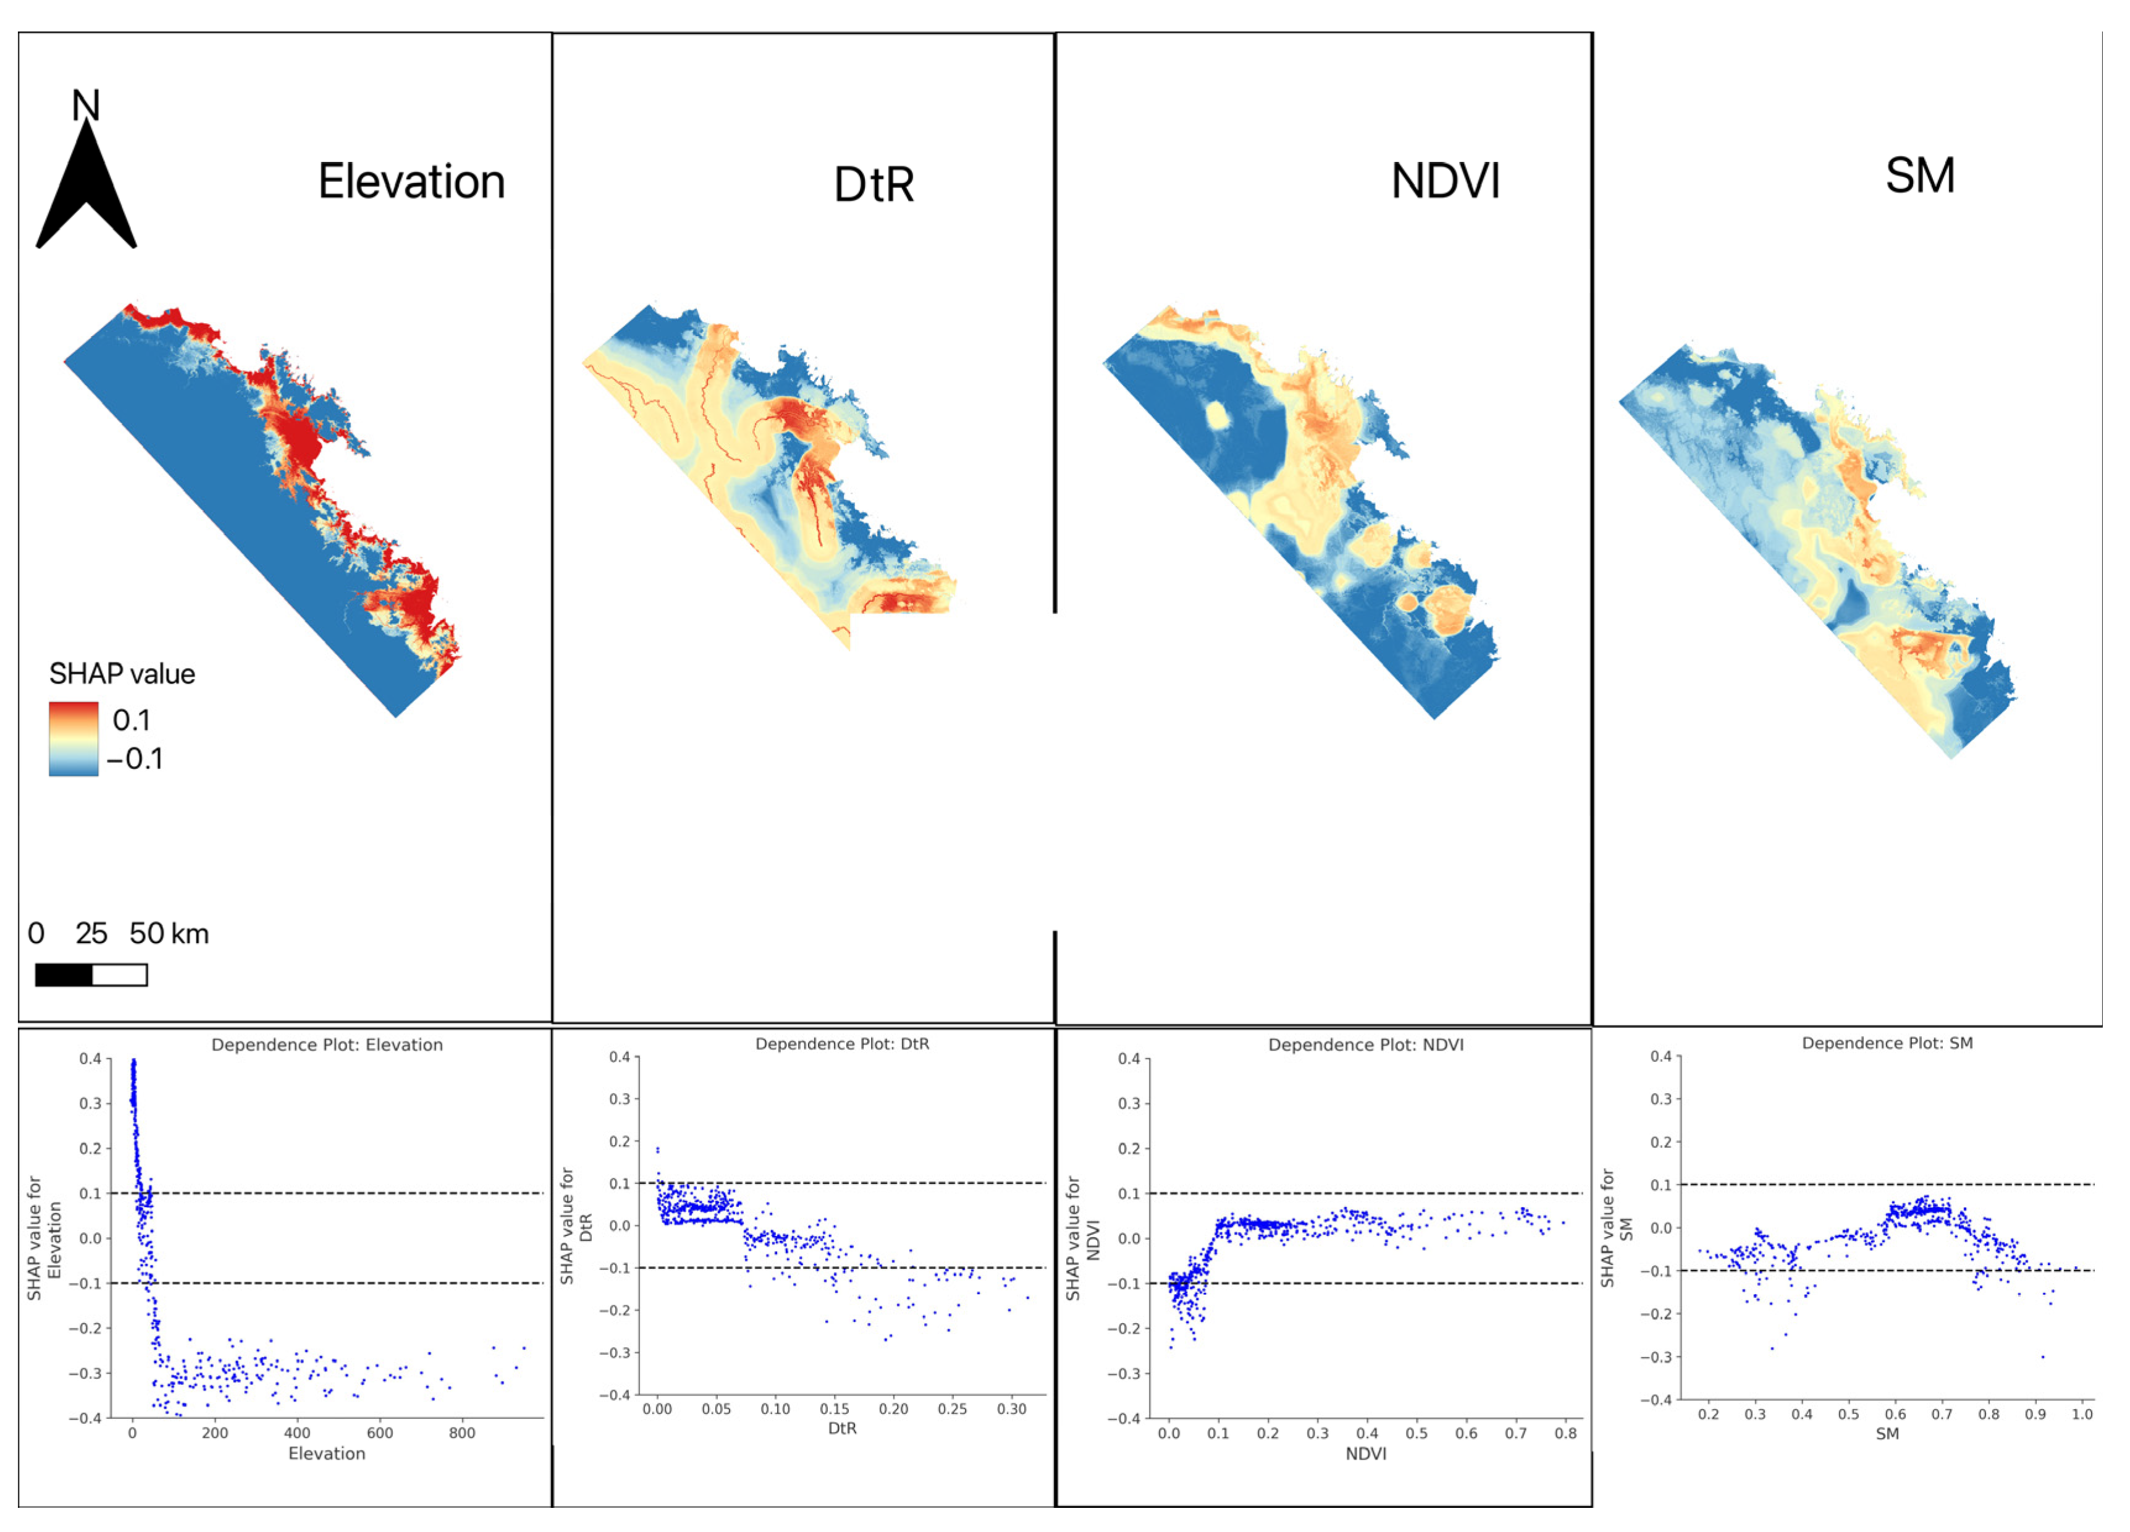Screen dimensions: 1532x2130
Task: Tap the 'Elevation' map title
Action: [411, 181]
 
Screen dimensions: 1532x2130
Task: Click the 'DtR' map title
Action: [873, 184]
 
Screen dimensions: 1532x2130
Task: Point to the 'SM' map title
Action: [1919, 176]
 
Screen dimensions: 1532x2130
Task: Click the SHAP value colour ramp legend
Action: [74, 738]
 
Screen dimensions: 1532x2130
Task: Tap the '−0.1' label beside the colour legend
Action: [134, 758]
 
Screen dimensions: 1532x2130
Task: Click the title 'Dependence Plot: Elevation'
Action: [327, 1044]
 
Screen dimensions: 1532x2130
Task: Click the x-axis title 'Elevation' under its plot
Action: [327, 1453]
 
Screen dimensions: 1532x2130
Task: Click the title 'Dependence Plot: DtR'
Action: [843, 1044]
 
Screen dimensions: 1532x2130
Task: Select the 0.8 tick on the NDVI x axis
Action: [1565, 1433]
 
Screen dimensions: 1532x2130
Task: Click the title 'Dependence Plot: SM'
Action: [1887, 1043]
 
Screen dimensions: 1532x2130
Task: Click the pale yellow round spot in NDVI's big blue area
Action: [1217, 414]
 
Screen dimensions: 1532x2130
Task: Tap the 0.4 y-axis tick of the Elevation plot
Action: [90, 1059]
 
